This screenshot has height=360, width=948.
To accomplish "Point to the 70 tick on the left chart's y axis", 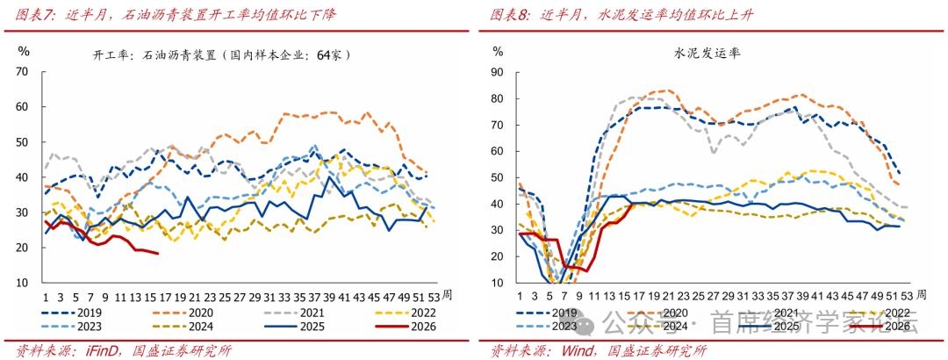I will tap(24, 72).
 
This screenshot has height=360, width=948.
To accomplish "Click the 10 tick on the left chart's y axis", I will tap(24, 283).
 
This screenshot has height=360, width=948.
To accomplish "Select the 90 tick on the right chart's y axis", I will tap(498, 72).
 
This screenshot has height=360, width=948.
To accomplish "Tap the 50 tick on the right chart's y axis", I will tap(498, 177).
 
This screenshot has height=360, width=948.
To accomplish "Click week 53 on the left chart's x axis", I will tap(432, 297).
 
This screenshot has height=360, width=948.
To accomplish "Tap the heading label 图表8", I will tap(508, 15).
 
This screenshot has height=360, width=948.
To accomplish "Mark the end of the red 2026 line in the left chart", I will tap(158, 254).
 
